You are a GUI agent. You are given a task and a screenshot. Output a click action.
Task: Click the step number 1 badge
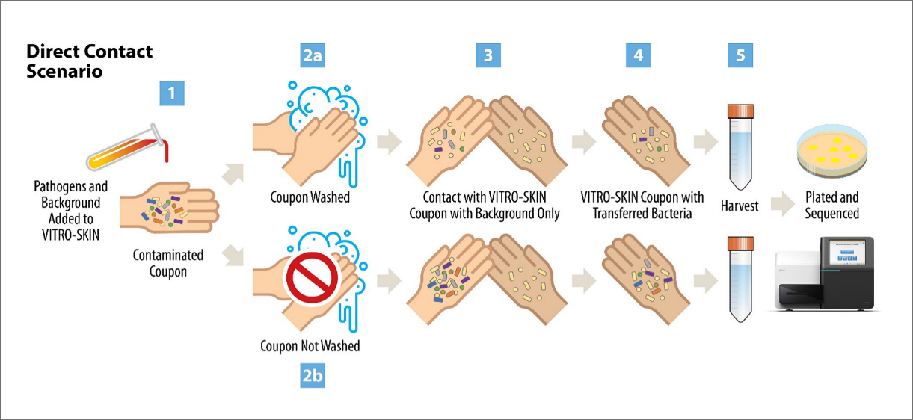(x=173, y=93)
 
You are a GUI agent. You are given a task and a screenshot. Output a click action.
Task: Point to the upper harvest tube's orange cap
(x=740, y=111)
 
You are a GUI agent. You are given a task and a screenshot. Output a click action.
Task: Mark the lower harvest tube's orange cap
(x=740, y=243)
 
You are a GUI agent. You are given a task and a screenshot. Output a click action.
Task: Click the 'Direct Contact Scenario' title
(x=89, y=61)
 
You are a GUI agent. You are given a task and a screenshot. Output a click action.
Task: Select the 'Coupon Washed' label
(x=310, y=198)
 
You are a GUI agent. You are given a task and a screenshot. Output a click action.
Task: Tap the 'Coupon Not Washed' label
(x=310, y=346)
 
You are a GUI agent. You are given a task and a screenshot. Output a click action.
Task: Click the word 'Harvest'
(x=740, y=205)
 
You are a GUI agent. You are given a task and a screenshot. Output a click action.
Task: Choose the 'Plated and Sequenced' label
(x=832, y=205)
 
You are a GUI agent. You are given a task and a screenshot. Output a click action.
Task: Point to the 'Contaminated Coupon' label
(x=168, y=262)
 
